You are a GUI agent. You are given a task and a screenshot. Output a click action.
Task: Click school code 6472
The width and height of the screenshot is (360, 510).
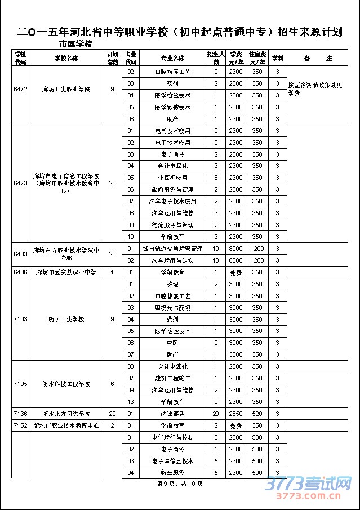point(19,90)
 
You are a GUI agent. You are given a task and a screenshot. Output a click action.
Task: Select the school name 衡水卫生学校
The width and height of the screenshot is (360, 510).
point(66,319)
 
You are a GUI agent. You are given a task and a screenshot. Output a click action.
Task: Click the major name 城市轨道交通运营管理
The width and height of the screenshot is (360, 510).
point(172,249)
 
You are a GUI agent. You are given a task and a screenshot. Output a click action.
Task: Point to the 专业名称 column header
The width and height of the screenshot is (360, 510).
point(172,58)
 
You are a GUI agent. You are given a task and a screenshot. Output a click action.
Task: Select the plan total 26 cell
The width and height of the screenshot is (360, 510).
point(113,183)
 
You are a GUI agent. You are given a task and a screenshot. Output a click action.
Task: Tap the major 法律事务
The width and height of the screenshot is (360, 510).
point(172,414)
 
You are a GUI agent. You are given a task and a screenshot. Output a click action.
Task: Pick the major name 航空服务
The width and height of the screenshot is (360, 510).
point(172,472)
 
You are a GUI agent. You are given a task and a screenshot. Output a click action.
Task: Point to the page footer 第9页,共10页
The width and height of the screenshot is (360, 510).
point(179,484)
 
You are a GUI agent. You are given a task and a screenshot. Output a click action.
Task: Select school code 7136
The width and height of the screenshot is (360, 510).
point(19,414)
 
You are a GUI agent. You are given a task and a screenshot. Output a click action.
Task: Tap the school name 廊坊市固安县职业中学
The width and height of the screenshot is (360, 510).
point(66,272)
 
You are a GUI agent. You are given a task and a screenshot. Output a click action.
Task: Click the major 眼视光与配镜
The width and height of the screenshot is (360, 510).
point(172,308)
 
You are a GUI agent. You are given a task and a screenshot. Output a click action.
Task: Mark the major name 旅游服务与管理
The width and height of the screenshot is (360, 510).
point(172,189)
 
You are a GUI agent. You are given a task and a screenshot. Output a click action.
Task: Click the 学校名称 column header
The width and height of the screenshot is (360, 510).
point(66,58)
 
